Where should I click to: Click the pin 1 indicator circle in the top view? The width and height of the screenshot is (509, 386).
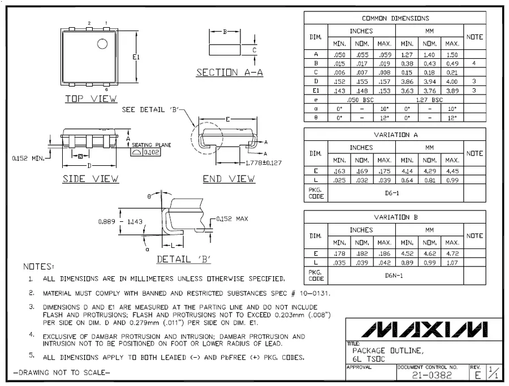tap(102, 44)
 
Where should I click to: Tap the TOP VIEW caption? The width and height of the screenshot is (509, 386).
tap(91, 98)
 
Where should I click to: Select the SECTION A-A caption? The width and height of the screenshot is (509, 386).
tap(230, 72)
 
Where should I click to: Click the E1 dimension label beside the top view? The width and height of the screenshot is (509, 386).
tap(136, 57)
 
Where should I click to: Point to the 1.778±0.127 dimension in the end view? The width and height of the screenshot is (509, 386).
tap(263, 163)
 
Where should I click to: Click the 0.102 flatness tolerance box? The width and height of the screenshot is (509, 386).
tap(151, 152)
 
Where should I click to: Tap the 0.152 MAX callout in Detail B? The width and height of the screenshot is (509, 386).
tap(232, 218)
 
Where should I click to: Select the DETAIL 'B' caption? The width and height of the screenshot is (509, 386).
tap(184, 259)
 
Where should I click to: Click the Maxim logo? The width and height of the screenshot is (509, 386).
tap(424, 329)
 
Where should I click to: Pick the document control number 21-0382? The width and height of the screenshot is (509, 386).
tap(432, 375)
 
